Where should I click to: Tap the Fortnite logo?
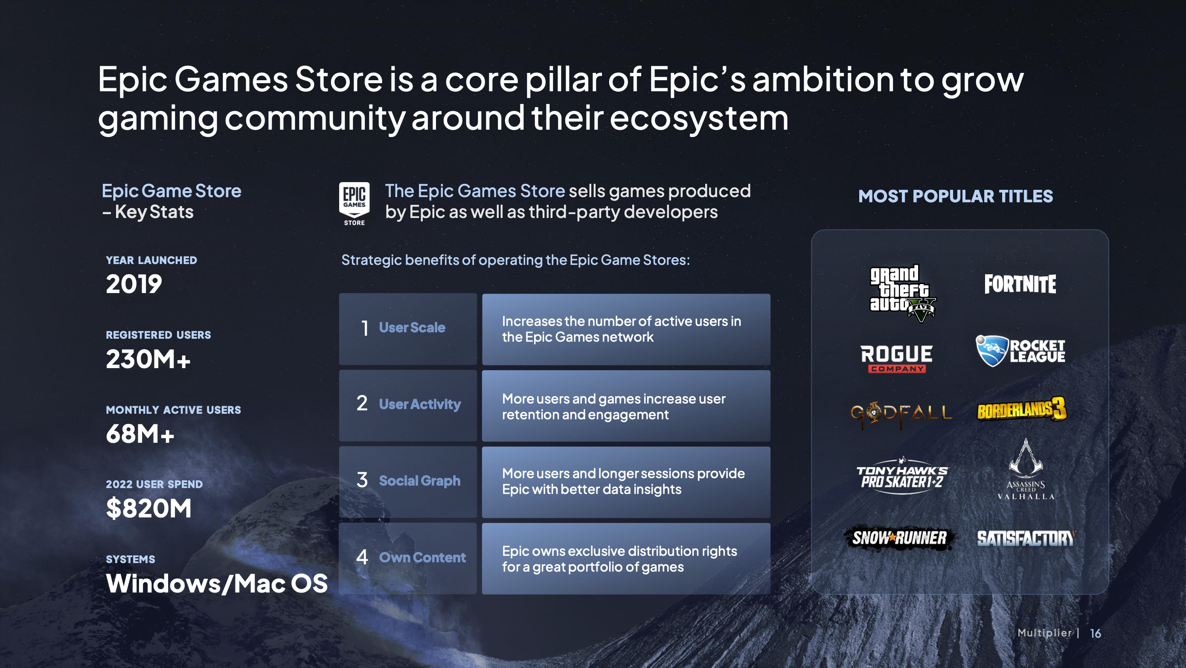[x=1020, y=284]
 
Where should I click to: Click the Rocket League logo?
[x=1020, y=351]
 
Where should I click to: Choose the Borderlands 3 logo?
[x=1022, y=409]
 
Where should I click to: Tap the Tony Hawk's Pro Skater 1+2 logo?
[x=902, y=476]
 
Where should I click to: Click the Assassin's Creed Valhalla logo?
[x=1026, y=469]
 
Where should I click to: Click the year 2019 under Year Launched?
[x=134, y=284]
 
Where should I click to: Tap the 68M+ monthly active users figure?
[x=140, y=434]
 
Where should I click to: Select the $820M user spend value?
[x=149, y=509]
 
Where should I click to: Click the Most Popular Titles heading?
[x=956, y=196]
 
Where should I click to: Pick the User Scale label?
[x=412, y=327]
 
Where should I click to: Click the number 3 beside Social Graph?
[x=362, y=480]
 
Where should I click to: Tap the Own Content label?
[x=423, y=558]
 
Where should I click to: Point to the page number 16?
[x=1096, y=634]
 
